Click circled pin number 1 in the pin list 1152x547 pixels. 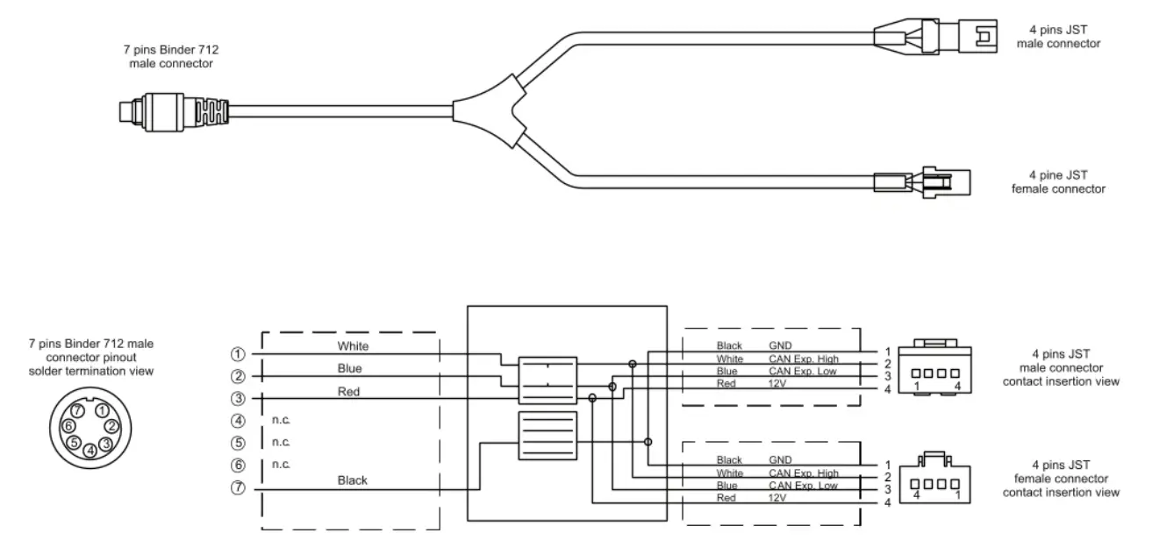[237, 354]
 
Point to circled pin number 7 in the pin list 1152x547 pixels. [237, 489]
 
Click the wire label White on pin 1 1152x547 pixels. [353, 346]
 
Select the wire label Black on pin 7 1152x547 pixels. [353, 480]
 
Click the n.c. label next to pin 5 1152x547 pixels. [281, 443]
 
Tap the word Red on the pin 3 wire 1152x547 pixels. [348, 391]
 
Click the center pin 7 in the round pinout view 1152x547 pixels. [79, 411]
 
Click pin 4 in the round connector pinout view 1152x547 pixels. [89, 450]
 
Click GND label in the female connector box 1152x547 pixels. [781, 459]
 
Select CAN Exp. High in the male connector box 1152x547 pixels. [803, 359]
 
